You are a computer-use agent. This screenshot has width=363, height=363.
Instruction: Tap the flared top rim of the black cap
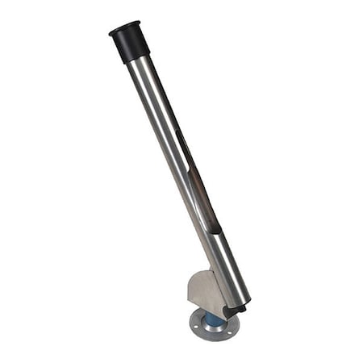[124, 29]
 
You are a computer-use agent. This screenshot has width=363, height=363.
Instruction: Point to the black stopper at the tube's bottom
[235, 309]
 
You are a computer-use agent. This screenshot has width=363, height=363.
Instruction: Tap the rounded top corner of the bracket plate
[193, 274]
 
